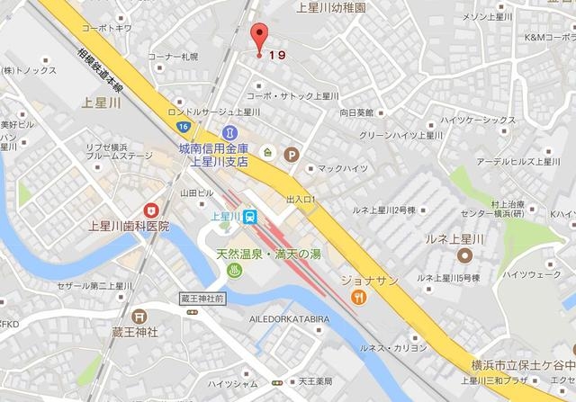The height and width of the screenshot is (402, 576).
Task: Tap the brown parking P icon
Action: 291,155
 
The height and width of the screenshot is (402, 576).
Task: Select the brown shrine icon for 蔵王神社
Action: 139,316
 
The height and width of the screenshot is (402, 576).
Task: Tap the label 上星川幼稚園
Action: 332,7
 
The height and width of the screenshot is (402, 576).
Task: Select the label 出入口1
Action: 302,199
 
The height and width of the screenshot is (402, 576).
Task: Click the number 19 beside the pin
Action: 279,55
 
